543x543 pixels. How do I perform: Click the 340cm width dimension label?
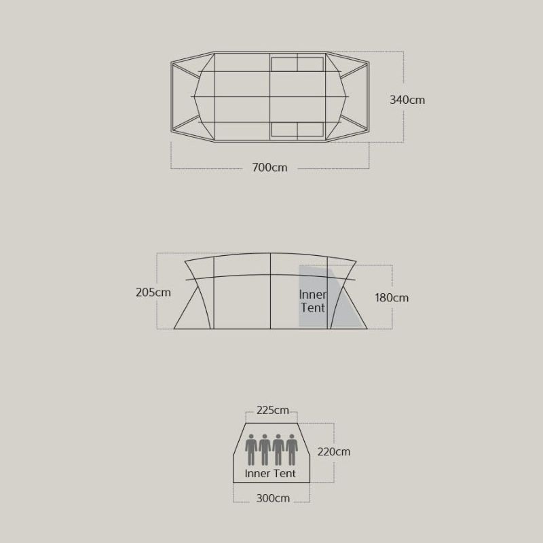click(x=407, y=100)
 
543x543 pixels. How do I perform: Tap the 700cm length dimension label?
click(x=269, y=168)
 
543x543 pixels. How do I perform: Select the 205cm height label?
click(x=153, y=293)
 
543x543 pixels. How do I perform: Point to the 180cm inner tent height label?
click(x=392, y=298)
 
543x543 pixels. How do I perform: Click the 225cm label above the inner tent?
click(x=273, y=411)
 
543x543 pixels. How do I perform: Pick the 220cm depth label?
click(x=334, y=452)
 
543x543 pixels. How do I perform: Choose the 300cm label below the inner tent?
click(x=273, y=498)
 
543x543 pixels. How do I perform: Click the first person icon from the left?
click(x=251, y=450)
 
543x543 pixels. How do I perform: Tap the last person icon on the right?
click(x=292, y=450)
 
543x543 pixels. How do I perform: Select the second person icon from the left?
click(x=265, y=450)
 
